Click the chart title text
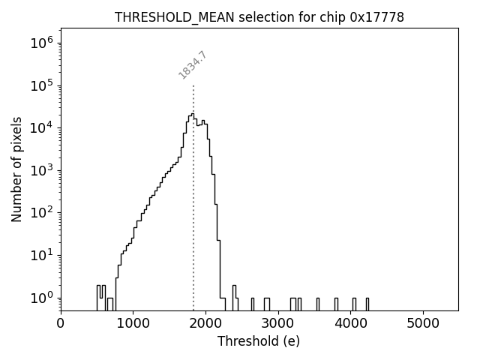tap(259, 17)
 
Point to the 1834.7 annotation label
tap(193, 65)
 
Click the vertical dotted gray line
tap(193, 225)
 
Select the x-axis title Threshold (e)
tap(259, 341)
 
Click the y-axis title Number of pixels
tap(16, 169)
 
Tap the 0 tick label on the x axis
tap(61, 325)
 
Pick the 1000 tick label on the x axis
tap(133, 325)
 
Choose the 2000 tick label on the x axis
tap(205, 325)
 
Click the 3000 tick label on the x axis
tap(278, 325)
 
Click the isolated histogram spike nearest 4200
tap(367, 303)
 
